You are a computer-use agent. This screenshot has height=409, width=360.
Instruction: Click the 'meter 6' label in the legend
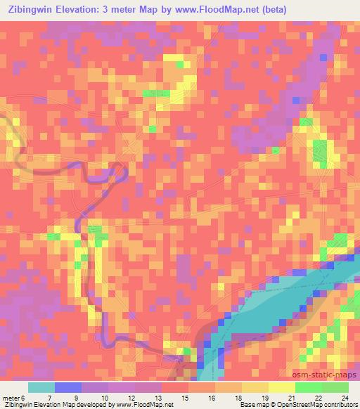coord(15,397)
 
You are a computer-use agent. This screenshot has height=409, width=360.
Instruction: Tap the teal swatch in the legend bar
coord(41,387)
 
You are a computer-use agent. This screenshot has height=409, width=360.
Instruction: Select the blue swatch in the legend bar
coord(68,387)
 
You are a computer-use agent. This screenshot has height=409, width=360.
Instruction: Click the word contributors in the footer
coord(340,405)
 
